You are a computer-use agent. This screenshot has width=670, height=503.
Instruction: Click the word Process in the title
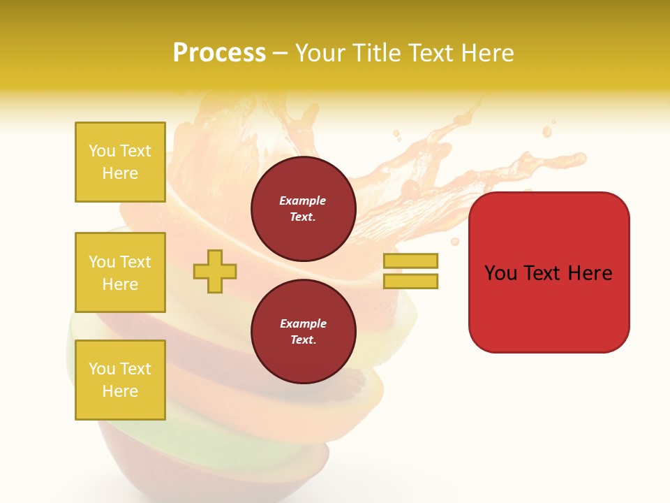pyautogui.click(x=219, y=53)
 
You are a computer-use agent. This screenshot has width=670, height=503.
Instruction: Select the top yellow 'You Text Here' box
pyautogui.click(x=120, y=162)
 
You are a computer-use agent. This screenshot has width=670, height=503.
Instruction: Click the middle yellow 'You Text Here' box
pyautogui.click(x=120, y=272)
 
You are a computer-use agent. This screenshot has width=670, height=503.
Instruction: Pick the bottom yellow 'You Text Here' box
pyautogui.click(x=120, y=380)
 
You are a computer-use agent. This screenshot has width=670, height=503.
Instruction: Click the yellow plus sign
pyautogui.click(x=215, y=271)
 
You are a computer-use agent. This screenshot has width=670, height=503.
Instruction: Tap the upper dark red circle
pyautogui.click(x=304, y=209)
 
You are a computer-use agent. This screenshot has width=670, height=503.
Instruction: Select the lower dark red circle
pyautogui.click(x=304, y=332)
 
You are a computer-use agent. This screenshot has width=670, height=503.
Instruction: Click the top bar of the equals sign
pyautogui.click(x=410, y=261)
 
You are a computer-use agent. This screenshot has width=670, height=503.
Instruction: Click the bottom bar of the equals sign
pyautogui.click(x=410, y=281)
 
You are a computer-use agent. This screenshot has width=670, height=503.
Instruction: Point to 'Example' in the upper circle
pyautogui.click(x=303, y=201)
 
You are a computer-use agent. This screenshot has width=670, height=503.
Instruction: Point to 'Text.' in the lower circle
pyautogui.click(x=303, y=340)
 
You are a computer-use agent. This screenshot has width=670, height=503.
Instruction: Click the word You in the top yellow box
pyautogui.click(x=102, y=151)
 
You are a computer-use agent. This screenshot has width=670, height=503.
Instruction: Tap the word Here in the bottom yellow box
pyautogui.click(x=120, y=391)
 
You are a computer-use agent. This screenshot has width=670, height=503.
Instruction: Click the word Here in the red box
pyautogui.click(x=590, y=273)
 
